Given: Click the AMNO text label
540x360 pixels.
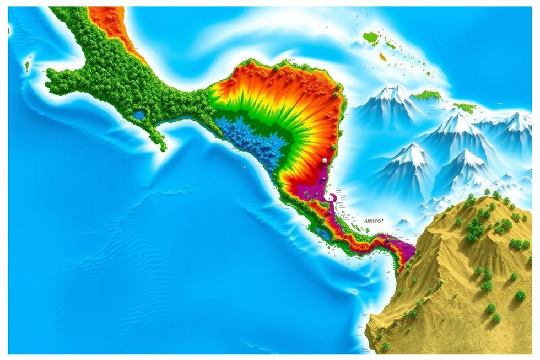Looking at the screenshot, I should (373, 221).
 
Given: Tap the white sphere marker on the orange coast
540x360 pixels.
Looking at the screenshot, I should (325, 160).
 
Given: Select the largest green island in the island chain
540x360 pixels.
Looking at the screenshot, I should (371, 38).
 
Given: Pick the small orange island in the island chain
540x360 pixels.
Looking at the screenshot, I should (382, 56).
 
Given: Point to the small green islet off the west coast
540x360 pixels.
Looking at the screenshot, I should (26, 66).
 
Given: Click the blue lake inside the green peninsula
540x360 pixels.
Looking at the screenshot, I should (139, 115).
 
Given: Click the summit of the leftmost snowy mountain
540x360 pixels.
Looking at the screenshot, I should (392, 90).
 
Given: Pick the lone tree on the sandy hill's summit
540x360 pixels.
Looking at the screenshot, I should (487, 192).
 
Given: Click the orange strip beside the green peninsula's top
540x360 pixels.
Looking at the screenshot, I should (110, 25).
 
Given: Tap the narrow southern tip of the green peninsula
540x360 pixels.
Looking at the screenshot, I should (162, 146).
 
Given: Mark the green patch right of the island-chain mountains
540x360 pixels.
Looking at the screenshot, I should (465, 108).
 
